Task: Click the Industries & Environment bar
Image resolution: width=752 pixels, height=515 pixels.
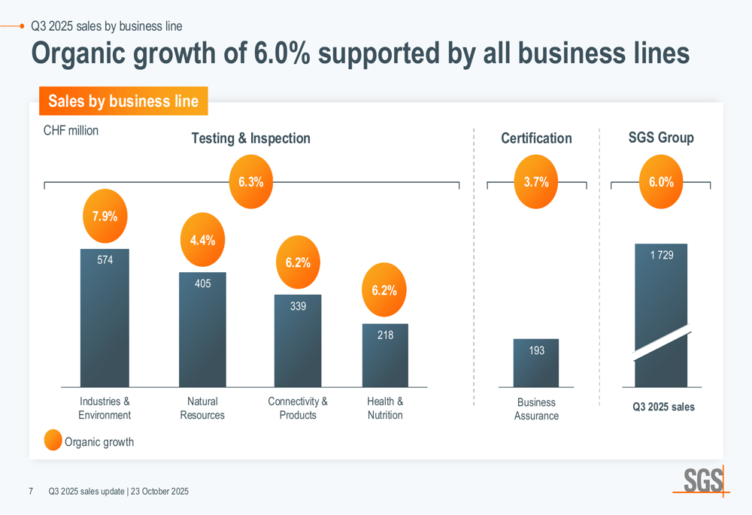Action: point(105,323)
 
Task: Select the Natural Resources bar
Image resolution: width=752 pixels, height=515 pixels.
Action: point(202,335)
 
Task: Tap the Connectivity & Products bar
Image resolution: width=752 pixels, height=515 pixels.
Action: point(298,346)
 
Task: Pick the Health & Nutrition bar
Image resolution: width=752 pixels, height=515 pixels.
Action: point(385,359)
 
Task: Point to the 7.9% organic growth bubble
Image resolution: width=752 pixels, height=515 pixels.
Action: point(105,217)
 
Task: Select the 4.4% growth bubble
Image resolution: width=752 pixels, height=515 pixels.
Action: point(202,241)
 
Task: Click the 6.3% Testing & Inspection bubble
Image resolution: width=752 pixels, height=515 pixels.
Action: point(250,182)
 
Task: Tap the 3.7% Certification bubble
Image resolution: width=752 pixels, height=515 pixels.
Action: point(536,182)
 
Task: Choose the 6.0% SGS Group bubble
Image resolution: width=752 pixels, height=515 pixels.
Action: point(661,182)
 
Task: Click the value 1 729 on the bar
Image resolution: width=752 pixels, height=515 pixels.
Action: point(661,255)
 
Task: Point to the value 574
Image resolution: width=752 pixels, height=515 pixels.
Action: point(105,260)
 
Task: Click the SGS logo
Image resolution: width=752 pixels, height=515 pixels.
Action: point(703,480)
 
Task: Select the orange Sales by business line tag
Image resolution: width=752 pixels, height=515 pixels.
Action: point(123,101)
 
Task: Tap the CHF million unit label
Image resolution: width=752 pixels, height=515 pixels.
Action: point(71,130)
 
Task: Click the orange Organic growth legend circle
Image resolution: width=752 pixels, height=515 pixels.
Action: point(53,441)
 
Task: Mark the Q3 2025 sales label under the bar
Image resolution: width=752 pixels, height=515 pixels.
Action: point(663,407)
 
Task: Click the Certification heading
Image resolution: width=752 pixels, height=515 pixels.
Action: point(536,138)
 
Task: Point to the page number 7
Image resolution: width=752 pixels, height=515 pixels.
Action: point(31,491)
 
